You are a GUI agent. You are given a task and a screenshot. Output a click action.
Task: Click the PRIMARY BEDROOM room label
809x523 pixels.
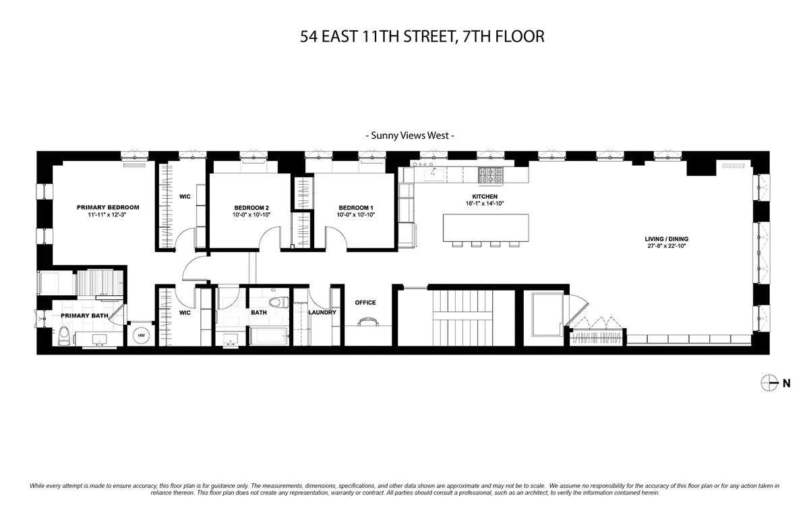click(x=108, y=207)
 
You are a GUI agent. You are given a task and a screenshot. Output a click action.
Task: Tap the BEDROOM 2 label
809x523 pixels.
click(x=251, y=207)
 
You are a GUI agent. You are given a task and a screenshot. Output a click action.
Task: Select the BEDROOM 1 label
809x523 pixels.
click(x=356, y=207)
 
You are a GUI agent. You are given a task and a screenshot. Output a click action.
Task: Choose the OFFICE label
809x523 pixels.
click(x=365, y=303)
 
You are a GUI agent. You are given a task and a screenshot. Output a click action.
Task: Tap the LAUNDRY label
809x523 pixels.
click(x=322, y=312)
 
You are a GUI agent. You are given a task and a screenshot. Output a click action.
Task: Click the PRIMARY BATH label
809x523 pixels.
click(x=85, y=315)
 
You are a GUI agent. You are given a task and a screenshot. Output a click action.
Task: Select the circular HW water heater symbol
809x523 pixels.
click(x=142, y=335)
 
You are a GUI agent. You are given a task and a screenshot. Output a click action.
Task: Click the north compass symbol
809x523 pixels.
click(x=769, y=383)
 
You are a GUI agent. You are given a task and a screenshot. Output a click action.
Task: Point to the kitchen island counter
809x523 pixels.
click(x=485, y=227)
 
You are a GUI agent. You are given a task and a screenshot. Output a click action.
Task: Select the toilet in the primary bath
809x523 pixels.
click(x=63, y=335)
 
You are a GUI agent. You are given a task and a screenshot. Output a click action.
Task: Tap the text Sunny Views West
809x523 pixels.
click(x=410, y=135)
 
